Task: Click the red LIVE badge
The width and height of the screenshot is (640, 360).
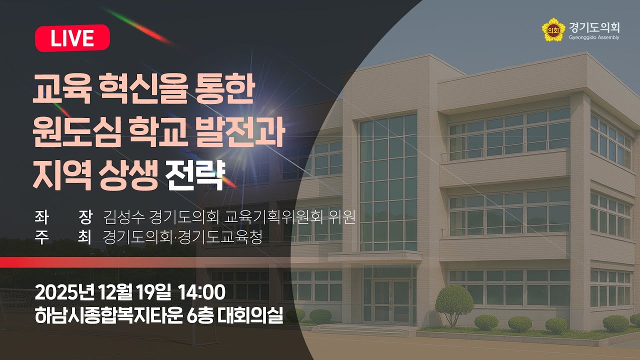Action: [72, 38]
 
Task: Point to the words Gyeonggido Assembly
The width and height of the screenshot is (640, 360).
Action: [593, 37]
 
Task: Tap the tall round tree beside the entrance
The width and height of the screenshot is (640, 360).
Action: [454, 300]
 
